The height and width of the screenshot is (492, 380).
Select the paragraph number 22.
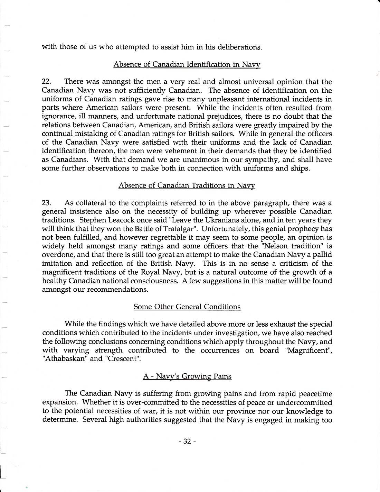coord(46,82)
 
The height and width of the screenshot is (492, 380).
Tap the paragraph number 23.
coord(46,203)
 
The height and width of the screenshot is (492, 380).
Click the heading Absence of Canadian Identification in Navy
coord(187,65)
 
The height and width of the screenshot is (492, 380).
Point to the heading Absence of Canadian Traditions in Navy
coord(187,185)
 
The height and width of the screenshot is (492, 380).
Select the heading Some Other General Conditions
coord(187,307)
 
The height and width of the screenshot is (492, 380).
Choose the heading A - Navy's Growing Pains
coord(187,376)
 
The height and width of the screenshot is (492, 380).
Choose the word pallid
coord(322,255)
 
